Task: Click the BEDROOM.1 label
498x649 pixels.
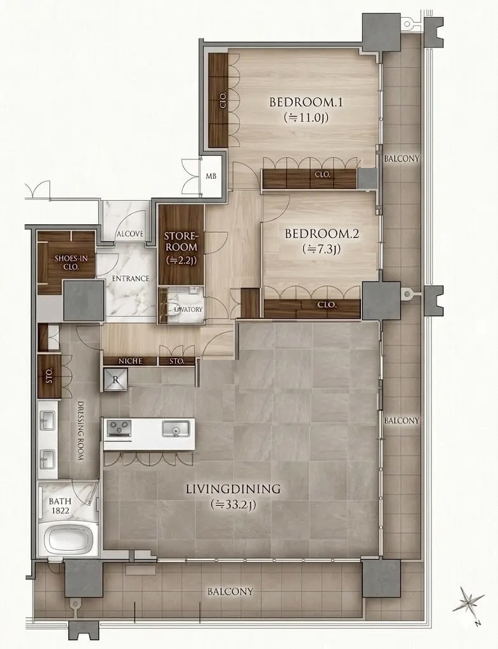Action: tap(306, 102)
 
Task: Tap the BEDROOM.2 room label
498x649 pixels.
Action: tap(322, 234)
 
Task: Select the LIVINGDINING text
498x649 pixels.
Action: tap(233, 489)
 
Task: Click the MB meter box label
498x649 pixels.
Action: tap(211, 176)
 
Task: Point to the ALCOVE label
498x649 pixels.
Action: tap(130, 234)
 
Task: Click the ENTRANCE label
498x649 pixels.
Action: tap(131, 279)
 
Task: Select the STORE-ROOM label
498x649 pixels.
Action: tap(181, 241)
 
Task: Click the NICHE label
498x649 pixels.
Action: tap(131, 361)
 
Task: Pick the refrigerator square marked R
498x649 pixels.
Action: tap(115, 380)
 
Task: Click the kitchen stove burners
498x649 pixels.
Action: tap(119, 428)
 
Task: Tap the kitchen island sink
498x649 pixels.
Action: tap(176, 428)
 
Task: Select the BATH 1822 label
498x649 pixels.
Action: tap(59, 506)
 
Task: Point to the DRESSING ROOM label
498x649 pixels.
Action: tap(81, 430)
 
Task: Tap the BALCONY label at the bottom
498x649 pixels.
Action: tap(230, 592)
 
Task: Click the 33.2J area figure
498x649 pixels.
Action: tap(233, 505)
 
